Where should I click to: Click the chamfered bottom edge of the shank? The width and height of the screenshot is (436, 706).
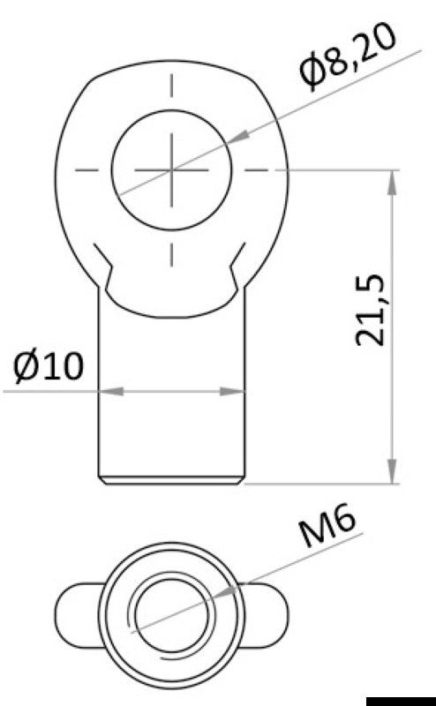coord(171,479)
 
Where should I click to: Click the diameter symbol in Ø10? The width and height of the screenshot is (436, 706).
coord(26,366)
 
